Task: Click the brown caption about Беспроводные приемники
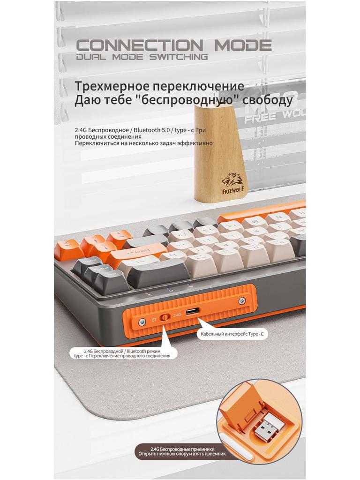point(181,451)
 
